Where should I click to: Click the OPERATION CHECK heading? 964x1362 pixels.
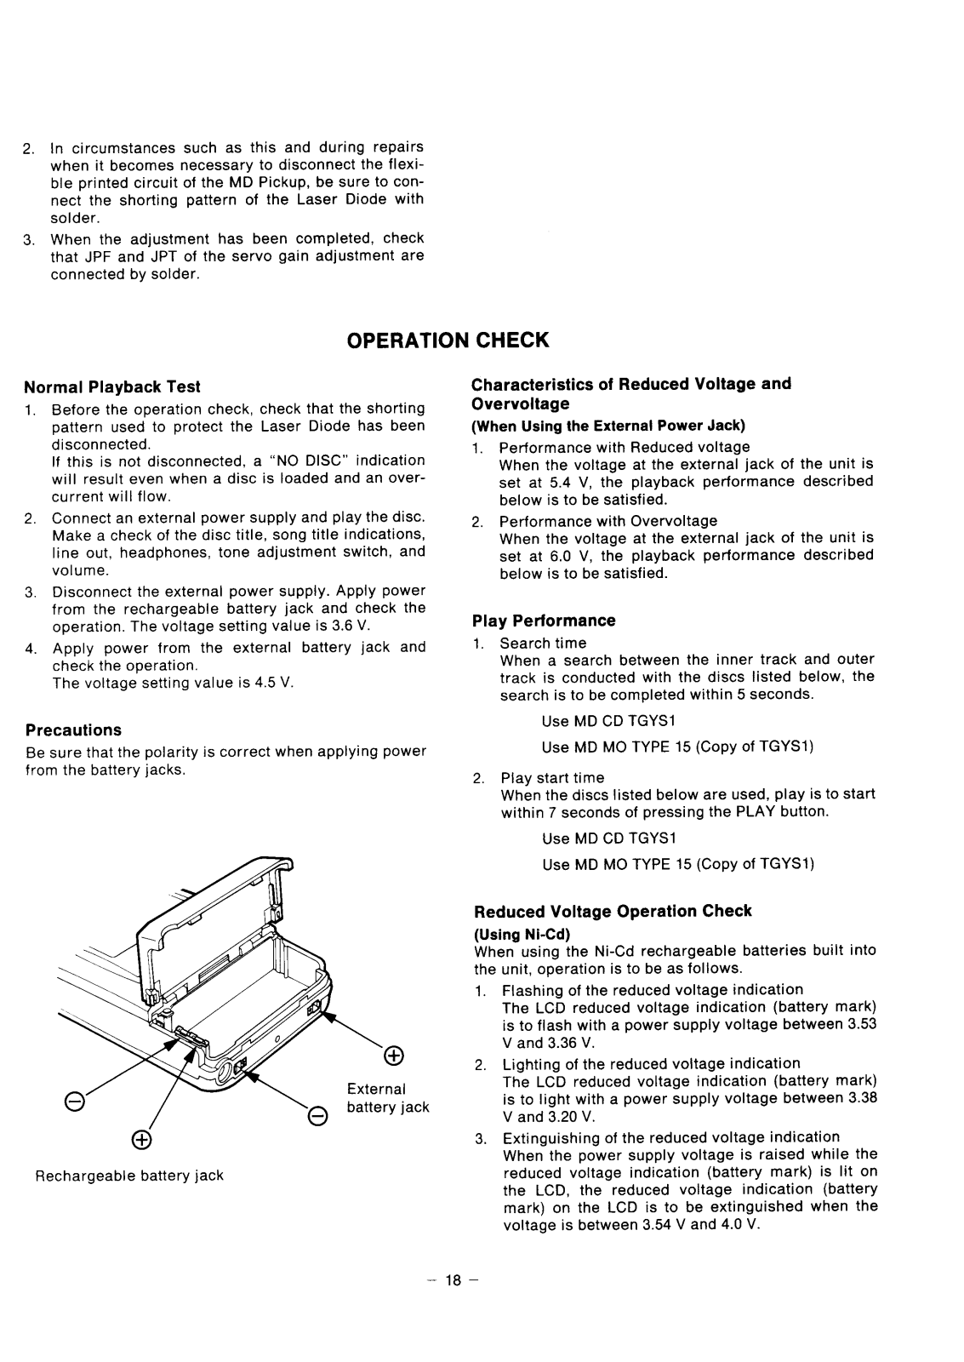(448, 340)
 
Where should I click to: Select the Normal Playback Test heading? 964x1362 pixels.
(112, 387)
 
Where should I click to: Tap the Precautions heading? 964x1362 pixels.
(73, 730)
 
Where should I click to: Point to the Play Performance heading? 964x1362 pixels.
(544, 621)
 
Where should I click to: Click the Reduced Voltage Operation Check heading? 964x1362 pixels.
(613, 911)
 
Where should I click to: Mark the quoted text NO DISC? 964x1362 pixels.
(308, 461)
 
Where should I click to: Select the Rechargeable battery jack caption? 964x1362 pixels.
(129, 1176)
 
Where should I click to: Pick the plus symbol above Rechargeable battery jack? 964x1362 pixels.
(141, 1140)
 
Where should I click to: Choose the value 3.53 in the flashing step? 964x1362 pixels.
(862, 1024)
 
